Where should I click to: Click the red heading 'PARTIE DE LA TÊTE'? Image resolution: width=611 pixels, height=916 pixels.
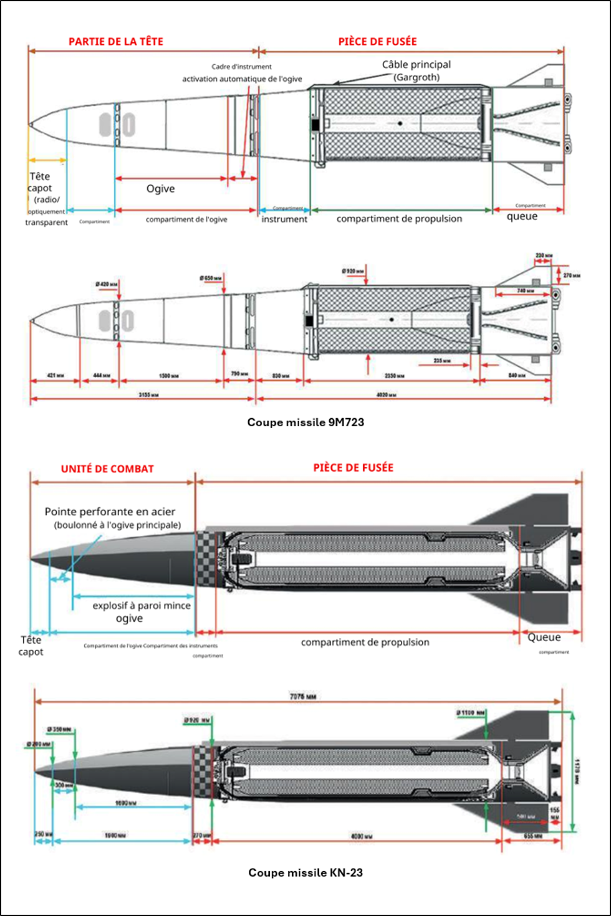pyautogui.click(x=116, y=42)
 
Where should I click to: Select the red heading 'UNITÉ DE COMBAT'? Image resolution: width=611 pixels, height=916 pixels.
pyautogui.click(x=107, y=469)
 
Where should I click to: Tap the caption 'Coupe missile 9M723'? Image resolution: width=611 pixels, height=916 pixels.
pyautogui.click(x=305, y=422)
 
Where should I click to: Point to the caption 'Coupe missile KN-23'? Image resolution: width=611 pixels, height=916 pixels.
pyautogui.click(x=305, y=872)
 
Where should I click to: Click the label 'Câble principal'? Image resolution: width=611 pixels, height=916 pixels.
pyautogui.click(x=416, y=65)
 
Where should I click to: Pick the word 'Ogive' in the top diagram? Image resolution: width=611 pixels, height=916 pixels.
pyautogui.click(x=160, y=189)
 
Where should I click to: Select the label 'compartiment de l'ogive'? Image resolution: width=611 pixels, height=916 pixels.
pyautogui.click(x=186, y=219)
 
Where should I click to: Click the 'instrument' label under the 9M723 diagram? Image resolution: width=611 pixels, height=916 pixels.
pyautogui.click(x=284, y=219)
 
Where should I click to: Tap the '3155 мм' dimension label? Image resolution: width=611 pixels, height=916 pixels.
pyautogui.click(x=148, y=394)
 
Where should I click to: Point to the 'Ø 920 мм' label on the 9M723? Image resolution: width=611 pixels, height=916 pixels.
pyautogui.click(x=353, y=271)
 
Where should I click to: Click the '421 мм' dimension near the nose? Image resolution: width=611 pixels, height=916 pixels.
pyautogui.click(x=55, y=376)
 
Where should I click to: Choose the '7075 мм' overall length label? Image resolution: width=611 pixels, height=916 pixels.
pyautogui.click(x=303, y=696)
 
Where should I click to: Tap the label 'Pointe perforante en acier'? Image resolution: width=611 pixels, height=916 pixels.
pyautogui.click(x=110, y=512)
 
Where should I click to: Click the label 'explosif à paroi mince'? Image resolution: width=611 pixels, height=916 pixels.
pyautogui.click(x=142, y=606)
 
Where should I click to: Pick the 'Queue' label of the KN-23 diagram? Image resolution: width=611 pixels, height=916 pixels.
pyautogui.click(x=544, y=637)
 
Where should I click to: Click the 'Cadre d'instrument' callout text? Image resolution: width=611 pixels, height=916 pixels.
pyautogui.click(x=241, y=67)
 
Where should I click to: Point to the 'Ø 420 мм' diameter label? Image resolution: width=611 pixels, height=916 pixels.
pyautogui.click(x=107, y=284)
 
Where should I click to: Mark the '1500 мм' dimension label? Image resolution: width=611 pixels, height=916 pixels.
pyautogui.click(x=168, y=376)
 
